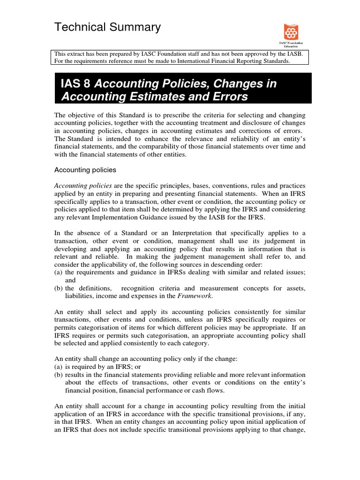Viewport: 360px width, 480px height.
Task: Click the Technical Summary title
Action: (x=108, y=28)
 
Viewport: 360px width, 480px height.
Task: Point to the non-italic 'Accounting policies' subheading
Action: (x=85, y=170)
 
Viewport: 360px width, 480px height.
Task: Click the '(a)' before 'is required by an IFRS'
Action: (x=59, y=367)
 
